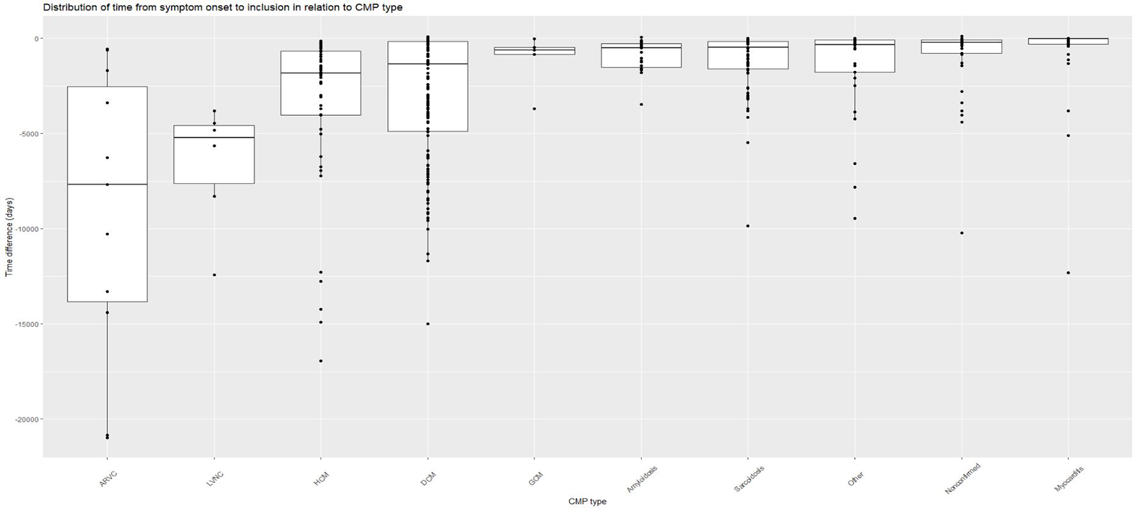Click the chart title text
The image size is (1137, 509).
[x=223, y=8]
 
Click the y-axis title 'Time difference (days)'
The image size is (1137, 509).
[x=9, y=237]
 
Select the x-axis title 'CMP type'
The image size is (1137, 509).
[x=587, y=501]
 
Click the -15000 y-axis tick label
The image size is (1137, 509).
[x=27, y=324]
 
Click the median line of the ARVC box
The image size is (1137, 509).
[x=107, y=185]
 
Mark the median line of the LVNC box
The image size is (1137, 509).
[x=214, y=138]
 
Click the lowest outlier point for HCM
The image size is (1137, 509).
[x=321, y=361]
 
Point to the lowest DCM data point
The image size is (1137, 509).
[x=428, y=324]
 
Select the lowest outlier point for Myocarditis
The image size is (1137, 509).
[x=1068, y=273]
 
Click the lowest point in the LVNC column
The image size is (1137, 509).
[x=214, y=275]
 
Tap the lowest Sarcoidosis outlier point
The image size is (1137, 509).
[x=748, y=226]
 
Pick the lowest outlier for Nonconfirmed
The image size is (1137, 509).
[x=962, y=233]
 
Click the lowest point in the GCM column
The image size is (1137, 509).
[x=534, y=109]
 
